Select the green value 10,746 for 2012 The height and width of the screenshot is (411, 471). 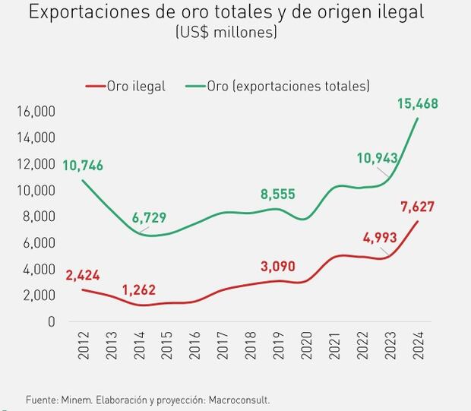click(84, 166)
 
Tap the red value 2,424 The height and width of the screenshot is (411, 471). click(84, 275)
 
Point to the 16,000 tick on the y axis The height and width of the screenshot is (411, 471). click(35, 112)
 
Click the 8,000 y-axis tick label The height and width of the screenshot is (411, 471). click(37, 217)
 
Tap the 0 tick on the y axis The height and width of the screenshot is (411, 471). click(52, 321)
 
